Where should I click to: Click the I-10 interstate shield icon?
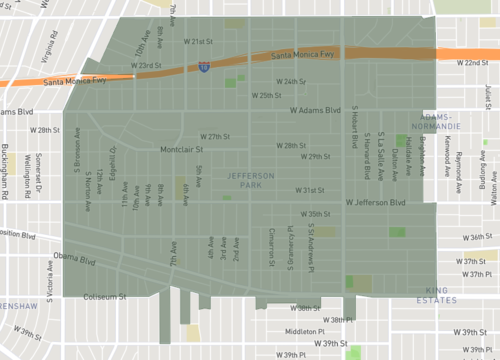[204, 67]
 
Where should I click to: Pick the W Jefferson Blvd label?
[376, 203]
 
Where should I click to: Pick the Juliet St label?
[487, 97]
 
